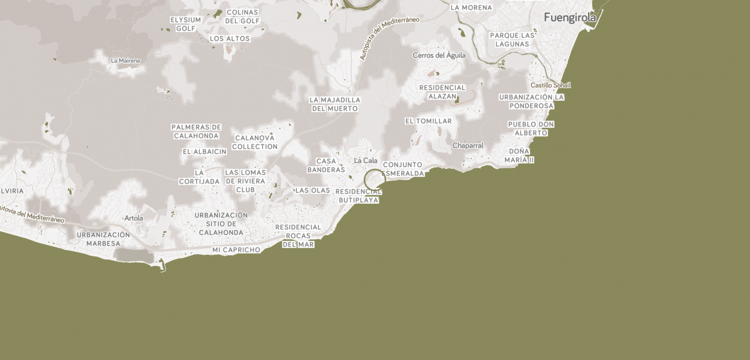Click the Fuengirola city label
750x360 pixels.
click(570, 18)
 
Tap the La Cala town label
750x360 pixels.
click(366, 161)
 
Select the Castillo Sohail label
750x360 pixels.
click(550, 85)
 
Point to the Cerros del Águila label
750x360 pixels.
click(439, 56)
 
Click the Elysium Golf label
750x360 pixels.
click(185, 24)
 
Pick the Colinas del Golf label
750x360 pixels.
click(242, 17)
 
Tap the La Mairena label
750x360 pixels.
click(125, 61)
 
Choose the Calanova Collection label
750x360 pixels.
click(255, 143)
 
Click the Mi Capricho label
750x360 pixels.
click(236, 250)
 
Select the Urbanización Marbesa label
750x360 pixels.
click(103, 239)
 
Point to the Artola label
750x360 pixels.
click(134, 218)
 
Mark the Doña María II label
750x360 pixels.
click(519, 156)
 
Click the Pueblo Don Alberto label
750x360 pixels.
click(531, 129)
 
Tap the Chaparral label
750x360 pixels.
click(468, 146)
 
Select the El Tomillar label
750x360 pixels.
click(428, 121)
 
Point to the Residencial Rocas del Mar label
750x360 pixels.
click(298, 236)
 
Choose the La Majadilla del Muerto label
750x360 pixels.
click(335, 104)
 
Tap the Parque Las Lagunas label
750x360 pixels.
click(512, 39)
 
